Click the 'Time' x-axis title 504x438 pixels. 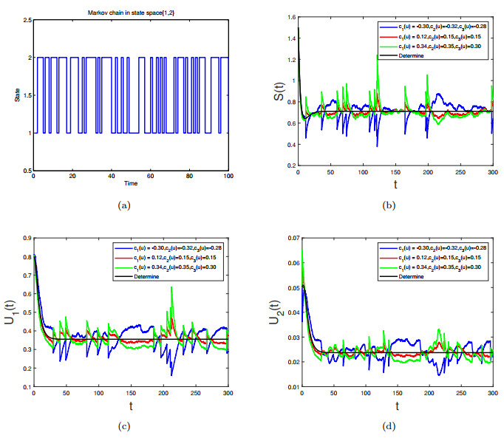click(x=130, y=182)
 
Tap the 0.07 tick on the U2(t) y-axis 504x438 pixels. click(x=288, y=239)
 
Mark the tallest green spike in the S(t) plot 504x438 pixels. click(x=378, y=56)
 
